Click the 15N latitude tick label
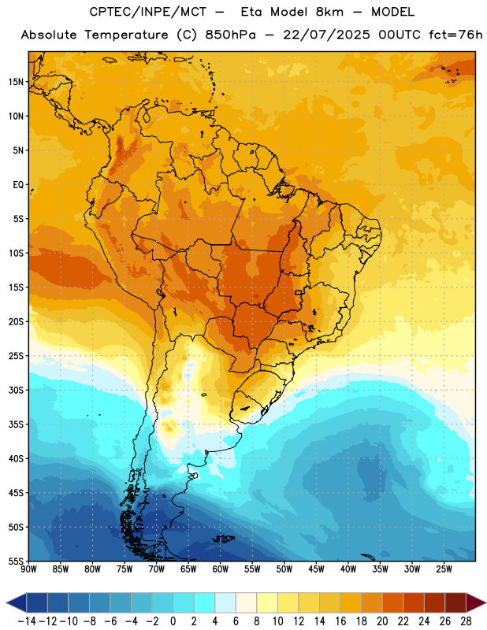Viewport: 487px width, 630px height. (16, 82)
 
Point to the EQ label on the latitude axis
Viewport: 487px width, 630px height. (18, 185)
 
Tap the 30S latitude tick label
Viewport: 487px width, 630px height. (16, 390)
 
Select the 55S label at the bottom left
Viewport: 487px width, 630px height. (16, 561)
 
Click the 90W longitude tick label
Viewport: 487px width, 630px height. (28, 569)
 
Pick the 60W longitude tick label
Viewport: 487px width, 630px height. (221, 569)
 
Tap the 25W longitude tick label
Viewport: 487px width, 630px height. (444, 569)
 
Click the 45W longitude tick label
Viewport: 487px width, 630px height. (316, 569)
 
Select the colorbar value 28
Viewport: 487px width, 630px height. (466, 621)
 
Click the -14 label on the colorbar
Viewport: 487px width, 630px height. (27, 621)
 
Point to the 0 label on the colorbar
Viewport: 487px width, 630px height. (173, 621)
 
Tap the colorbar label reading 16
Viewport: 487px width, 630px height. (340, 621)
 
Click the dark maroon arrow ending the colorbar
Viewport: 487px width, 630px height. (475, 602)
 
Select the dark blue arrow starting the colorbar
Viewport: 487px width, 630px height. (17, 602)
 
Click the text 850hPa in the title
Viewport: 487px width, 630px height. (230, 35)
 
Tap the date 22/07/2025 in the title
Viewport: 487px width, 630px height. (326, 35)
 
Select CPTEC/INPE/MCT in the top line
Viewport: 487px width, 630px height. (148, 12)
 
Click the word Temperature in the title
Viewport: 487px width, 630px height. (126, 35)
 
